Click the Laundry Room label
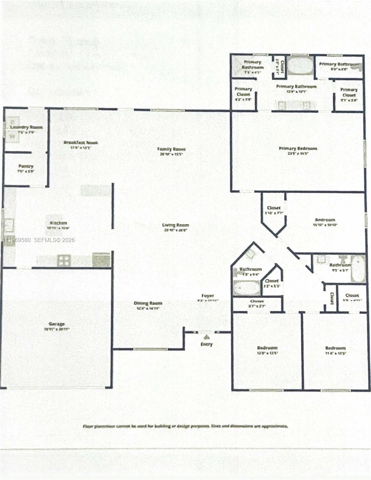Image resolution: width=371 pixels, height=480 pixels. (x=26, y=128)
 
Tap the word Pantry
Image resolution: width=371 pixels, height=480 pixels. (x=26, y=166)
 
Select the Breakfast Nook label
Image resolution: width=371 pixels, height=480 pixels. (x=80, y=142)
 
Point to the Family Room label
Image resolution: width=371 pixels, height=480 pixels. (x=172, y=149)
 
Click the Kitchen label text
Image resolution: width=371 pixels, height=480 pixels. (x=58, y=223)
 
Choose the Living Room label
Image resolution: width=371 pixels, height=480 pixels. (x=175, y=225)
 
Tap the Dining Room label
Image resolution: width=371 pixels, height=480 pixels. (x=148, y=303)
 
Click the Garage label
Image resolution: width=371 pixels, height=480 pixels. (x=57, y=324)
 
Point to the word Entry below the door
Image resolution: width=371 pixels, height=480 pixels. (x=207, y=344)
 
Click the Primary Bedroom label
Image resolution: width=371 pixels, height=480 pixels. (x=298, y=148)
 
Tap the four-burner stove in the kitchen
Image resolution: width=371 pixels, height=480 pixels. (x=64, y=261)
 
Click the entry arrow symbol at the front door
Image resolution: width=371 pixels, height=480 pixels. (x=207, y=337)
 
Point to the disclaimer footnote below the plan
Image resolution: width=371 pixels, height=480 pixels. (x=185, y=426)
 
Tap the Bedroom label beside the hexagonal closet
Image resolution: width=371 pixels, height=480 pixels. (x=325, y=220)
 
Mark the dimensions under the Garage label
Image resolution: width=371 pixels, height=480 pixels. (x=57, y=329)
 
